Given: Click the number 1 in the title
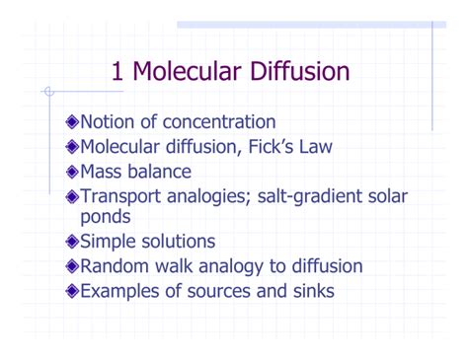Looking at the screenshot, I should (x=119, y=72).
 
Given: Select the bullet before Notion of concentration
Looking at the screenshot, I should (x=68, y=123).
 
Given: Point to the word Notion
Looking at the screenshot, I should (x=108, y=123).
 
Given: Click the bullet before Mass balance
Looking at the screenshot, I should (x=68, y=173).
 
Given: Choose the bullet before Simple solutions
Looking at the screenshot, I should (x=68, y=242).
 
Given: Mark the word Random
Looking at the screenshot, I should (x=117, y=266).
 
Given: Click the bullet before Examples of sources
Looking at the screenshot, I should (x=68, y=291).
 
